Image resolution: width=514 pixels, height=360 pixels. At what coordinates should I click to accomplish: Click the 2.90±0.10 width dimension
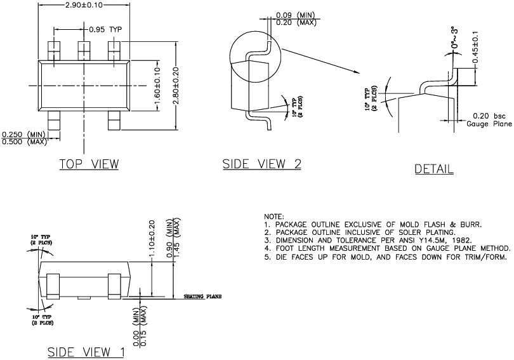coord(84,5)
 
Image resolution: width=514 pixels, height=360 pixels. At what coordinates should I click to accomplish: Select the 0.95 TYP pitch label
coord(105,29)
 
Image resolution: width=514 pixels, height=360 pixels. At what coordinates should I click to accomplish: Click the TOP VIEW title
coord(89,164)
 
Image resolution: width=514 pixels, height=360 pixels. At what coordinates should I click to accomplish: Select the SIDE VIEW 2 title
coord(261,164)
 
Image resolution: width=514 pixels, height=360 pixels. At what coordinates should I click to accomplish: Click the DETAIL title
coord(434,169)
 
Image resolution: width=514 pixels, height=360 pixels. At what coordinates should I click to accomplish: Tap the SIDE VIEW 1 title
coord(86,352)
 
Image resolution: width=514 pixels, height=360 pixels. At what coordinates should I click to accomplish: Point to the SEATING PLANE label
coord(202,297)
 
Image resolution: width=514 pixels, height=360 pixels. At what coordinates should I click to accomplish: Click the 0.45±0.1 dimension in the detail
coord(475,47)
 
